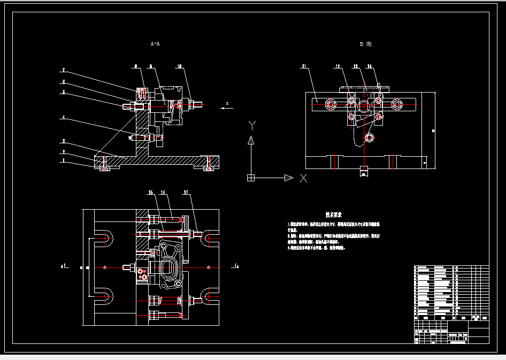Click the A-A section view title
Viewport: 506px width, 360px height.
click(x=155, y=43)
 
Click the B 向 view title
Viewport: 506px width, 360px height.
click(x=365, y=44)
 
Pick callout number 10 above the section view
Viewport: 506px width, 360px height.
click(x=180, y=66)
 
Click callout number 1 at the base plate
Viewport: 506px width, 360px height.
click(x=63, y=160)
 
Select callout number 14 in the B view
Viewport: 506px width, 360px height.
click(x=370, y=66)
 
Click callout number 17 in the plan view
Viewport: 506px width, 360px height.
click(x=186, y=192)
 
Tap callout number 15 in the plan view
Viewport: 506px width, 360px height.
click(x=151, y=192)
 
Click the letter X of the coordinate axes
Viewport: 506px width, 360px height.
click(x=304, y=178)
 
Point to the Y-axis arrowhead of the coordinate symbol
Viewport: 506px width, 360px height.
click(x=250, y=141)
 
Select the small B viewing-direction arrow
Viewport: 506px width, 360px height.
click(x=227, y=108)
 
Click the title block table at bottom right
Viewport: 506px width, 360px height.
click(x=451, y=304)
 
